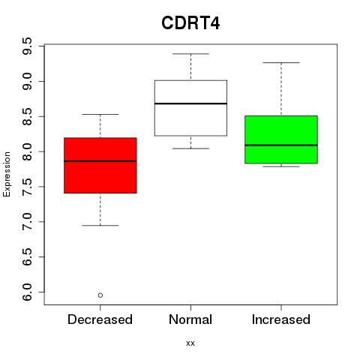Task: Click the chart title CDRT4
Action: [190, 23]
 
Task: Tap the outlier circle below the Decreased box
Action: [100, 295]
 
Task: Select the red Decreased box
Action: [100, 165]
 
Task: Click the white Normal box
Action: [190, 108]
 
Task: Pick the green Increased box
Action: [281, 139]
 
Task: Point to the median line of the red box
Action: [100, 161]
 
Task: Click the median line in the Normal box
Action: [190, 103]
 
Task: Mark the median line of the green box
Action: [281, 145]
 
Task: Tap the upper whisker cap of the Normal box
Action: [190, 54]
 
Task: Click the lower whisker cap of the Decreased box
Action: [100, 226]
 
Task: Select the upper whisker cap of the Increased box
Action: [281, 62]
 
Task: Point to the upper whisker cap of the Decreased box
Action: [100, 114]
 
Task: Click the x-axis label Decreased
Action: [100, 319]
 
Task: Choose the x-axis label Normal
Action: [190, 319]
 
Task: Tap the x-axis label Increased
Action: [281, 319]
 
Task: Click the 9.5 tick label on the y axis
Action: [27, 46]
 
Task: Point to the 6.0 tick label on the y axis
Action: [27, 292]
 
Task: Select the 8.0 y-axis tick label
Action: [27, 151]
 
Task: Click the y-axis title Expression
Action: [7, 174]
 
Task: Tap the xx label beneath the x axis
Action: [190, 343]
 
